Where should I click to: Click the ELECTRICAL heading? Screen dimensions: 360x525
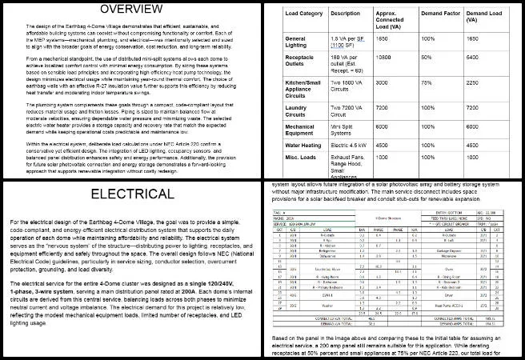(x=131, y=195)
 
